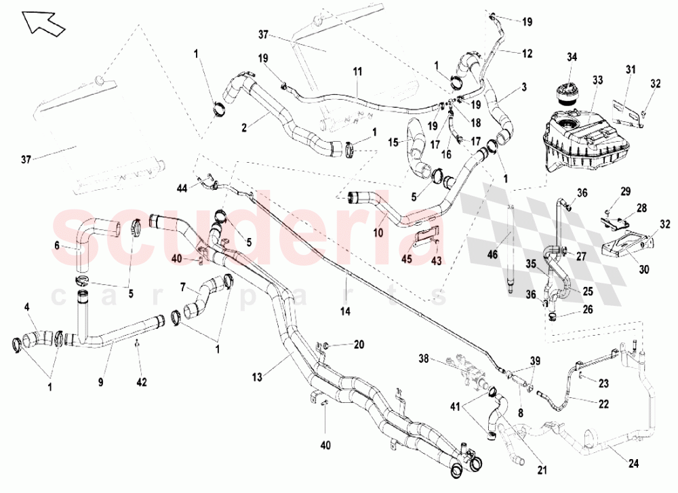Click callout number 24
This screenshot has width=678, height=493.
click(633, 464)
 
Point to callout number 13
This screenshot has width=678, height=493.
click(257, 377)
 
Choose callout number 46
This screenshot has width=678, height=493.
click(493, 254)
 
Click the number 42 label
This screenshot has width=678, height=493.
click(142, 382)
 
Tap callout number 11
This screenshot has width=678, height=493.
click(357, 71)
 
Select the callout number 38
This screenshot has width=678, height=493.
click(424, 359)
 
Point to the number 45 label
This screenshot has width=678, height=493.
click(407, 260)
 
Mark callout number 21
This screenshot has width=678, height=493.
click(542, 470)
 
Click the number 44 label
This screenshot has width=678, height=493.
click(182, 188)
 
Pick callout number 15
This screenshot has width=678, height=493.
click(393, 142)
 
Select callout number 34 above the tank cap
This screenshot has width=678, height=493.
click(572, 57)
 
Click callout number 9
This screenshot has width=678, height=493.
click(101, 382)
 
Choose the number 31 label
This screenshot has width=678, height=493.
click(631, 69)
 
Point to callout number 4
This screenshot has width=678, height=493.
click(27, 307)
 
